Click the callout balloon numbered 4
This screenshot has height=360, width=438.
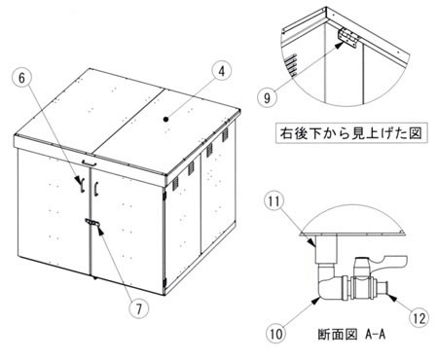coord(221,72)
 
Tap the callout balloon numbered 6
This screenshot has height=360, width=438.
coord(21,78)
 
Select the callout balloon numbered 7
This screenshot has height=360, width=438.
coord(139,308)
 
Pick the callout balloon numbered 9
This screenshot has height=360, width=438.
coord(267,97)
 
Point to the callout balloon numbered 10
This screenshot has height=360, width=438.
coord(276,334)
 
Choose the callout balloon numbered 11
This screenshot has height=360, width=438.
coord(274,201)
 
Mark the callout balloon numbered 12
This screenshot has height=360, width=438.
coord(420,318)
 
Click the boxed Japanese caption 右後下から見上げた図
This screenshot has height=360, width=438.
coord(351,133)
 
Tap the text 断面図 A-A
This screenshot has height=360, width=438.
coord(351,334)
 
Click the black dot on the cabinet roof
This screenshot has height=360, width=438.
coord(166,120)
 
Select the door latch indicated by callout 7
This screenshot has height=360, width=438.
coord(91,223)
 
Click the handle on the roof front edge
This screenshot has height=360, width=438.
coord(90,162)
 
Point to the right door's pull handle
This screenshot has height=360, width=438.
coord(96,190)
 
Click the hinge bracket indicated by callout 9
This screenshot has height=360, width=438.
coord(348,39)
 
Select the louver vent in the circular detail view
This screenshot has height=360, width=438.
coord(292,65)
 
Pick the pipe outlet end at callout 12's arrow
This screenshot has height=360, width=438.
coord(383,287)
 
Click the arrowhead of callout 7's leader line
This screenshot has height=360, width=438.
coord(100,231)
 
